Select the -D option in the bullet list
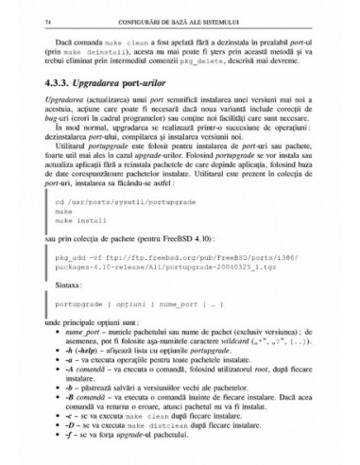click(71, 451)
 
